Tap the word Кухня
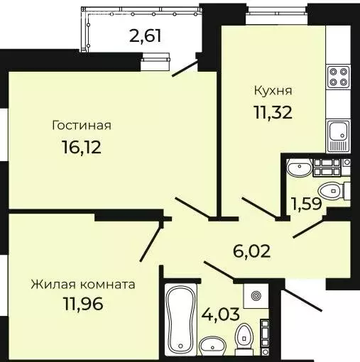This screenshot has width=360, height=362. click(273, 91)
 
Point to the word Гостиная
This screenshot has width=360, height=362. click(82, 126)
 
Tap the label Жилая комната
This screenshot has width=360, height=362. click(83, 285)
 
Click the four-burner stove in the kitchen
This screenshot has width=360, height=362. click(336, 75)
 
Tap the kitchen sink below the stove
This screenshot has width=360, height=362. click(337, 131)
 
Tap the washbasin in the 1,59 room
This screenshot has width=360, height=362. click(298, 169)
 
